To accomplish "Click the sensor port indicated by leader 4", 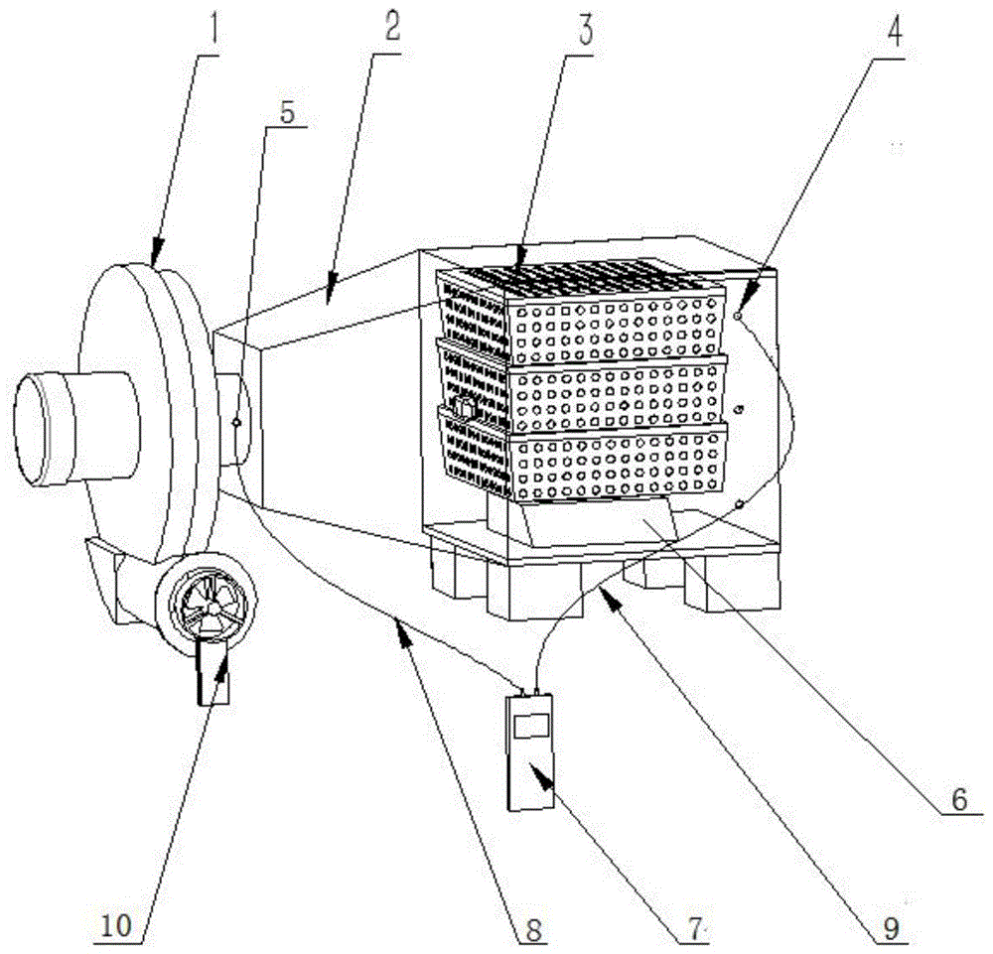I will click(739, 316).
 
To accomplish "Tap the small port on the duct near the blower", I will click(235, 422).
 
